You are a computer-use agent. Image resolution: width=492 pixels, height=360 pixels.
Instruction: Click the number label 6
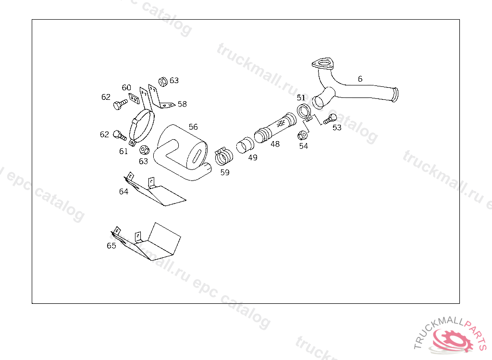[360, 79]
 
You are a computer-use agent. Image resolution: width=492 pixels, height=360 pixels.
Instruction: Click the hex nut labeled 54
[303, 135]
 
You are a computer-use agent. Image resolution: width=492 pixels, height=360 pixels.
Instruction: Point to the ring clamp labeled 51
[304, 112]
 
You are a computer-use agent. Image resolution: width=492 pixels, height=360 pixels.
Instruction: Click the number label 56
[193, 127]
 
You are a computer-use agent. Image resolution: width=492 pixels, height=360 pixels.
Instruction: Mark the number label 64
[124, 192]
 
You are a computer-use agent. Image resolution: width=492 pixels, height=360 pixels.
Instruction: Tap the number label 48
[275, 144]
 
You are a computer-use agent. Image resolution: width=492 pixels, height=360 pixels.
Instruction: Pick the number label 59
[225, 173]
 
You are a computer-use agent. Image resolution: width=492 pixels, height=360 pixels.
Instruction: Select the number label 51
[301, 98]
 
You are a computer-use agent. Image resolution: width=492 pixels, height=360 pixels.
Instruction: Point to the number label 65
[111, 246]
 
